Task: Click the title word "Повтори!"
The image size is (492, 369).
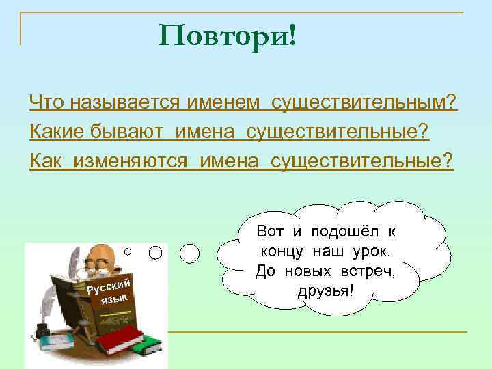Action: (228, 34)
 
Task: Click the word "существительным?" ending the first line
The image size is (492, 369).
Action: (364, 103)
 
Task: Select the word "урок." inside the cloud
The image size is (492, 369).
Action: (373, 251)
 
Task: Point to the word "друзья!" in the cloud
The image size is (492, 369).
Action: (325, 292)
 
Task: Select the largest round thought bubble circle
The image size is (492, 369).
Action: (189, 255)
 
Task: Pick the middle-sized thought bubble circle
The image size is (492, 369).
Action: (156, 252)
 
